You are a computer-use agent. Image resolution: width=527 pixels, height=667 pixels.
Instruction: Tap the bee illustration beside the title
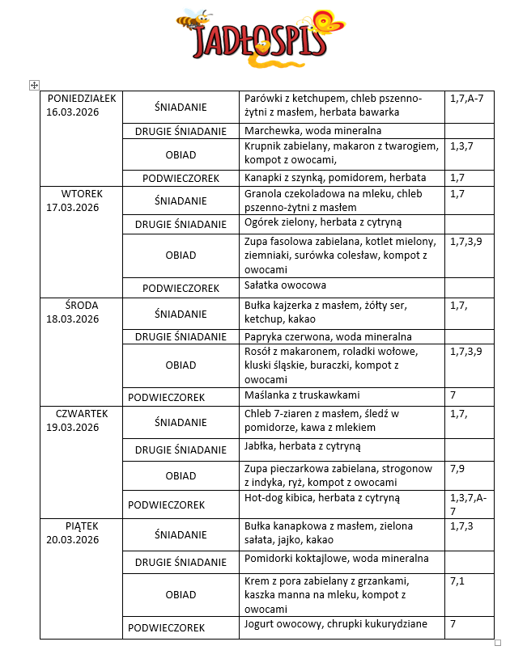(x=194, y=19)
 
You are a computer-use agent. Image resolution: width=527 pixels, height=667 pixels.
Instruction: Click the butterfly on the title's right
(x=329, y=24)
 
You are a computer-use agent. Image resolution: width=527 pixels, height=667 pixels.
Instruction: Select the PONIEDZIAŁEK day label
(x=82, y=99)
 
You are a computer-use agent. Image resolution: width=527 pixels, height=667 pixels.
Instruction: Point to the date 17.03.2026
(x=72, y=208)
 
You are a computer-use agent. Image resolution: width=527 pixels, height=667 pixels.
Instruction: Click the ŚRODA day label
(x=82, y=305)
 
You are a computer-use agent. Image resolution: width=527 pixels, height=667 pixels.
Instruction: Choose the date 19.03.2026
(x=72, y=428)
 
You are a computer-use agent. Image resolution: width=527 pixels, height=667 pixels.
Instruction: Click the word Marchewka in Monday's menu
(x=270, y=130)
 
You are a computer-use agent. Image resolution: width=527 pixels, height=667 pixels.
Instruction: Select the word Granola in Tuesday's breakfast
(x=262, y=194)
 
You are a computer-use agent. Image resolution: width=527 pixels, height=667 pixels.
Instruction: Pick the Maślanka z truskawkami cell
(x=302, y=395)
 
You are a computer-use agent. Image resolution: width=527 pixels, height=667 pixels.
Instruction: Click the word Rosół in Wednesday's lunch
(x=258, y=351)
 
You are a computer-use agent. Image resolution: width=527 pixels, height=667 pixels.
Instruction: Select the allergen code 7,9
(x=457, y=468)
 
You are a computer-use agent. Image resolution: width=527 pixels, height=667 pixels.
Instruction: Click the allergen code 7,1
(x=457, y=580)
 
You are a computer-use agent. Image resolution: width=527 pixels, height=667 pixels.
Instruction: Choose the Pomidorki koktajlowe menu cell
(x=297, y=559)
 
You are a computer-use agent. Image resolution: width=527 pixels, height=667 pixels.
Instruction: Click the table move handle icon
(x=33, y=85)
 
